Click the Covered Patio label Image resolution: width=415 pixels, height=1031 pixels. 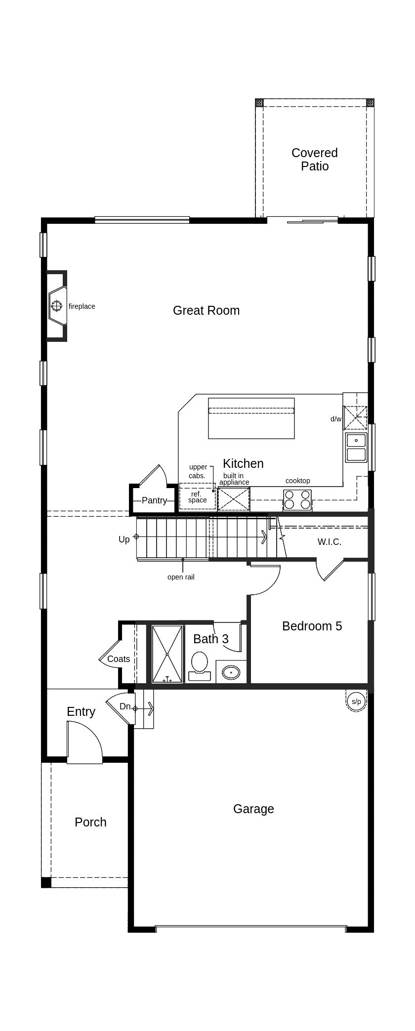pyautogui.click(x=314, y=160)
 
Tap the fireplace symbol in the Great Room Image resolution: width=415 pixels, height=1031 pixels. pyautogui.click(x=57, y=306)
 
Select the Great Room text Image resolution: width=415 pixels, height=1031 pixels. pyautogui.click(x=206, y=311)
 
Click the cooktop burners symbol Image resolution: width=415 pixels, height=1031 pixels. pyautogui.click(x=297, y=499)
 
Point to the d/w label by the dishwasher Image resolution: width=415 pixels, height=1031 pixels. pyautogui.click(x=335, y=419)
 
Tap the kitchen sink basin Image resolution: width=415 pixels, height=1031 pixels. pyautogui.click(x=356, y=440)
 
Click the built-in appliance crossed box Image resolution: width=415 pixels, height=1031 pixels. pyautogui.click(x=234, y=499)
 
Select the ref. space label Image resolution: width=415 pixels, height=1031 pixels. pyautogui.click(x=197, y=497)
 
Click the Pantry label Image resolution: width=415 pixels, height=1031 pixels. pyautogui.click(x=154, y=500)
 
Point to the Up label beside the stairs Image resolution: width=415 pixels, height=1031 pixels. pyautogui.click(x=124, y=539)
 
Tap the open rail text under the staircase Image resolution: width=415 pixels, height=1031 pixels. pyautogui.click(x=181, y=577)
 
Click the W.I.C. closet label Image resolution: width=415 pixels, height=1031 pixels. pyautogui.click(x=329, y=542)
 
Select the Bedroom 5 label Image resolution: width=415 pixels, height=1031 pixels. pyautogui.click(x=312, y=626)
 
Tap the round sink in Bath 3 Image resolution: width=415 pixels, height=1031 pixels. pyautogui.click(x=231, y=672)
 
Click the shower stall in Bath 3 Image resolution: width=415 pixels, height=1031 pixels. pyautogui.click(x=167, y=654)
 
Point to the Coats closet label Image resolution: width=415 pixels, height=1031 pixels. pyautogui.click(x=119, y=659)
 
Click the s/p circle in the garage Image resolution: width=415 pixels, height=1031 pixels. pyautogui.click(x=356, y=701)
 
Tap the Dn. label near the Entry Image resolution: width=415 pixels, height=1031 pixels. pyautogui.click(x=125, y=706)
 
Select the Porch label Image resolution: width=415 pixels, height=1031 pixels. pyautogui.click(x=90, y=822)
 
